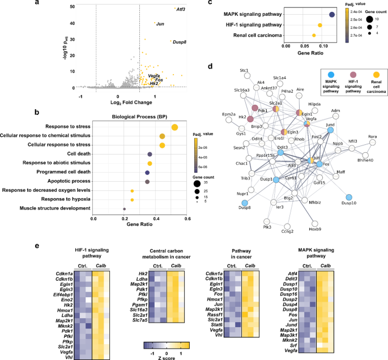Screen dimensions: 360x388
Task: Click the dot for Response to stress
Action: tap(174, 127)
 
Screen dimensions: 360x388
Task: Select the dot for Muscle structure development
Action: tap(124, 209)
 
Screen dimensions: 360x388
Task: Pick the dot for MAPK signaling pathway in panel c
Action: tap(332, 15)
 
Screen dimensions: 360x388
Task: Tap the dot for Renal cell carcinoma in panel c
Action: tap(313, 35)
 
